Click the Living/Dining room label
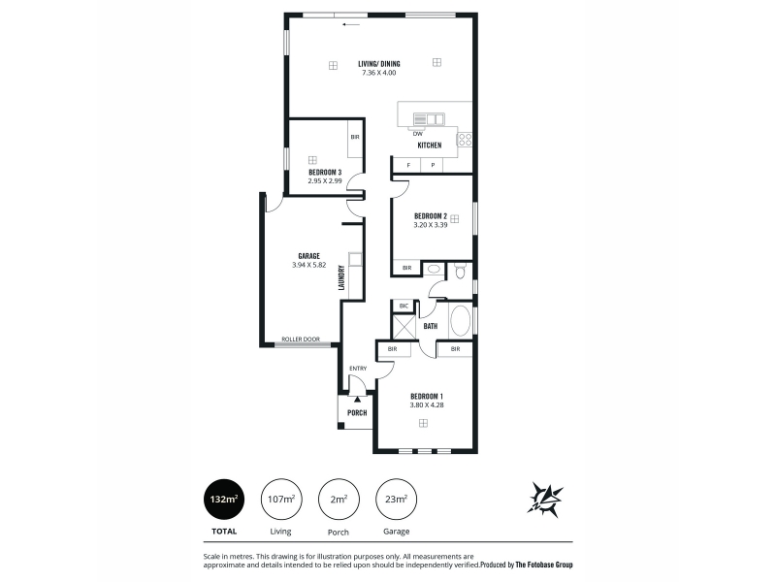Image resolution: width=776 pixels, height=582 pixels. pos(379,64)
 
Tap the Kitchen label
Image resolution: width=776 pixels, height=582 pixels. pos(430,145)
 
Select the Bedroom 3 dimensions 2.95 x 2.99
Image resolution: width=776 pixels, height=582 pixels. pos(325,181)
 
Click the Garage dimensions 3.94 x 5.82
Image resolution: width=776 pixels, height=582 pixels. pos(308,265)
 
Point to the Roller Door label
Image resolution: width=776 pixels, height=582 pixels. pos(301,339)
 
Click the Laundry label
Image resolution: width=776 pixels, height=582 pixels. pos(341,277)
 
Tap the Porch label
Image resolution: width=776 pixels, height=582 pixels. pos(357,413)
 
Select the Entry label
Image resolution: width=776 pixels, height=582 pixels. pos(358,369)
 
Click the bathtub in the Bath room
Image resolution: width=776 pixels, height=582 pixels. pos(460,322)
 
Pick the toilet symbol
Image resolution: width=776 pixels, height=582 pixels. pos(460,272)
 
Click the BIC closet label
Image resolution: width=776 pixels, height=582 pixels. pos(404,306)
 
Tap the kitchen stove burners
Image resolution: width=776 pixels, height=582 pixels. pos(465,139)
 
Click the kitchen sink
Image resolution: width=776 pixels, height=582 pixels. pos(429,119)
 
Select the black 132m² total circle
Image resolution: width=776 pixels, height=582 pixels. pos(224,500)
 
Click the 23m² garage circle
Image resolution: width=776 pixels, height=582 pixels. pos(397,500)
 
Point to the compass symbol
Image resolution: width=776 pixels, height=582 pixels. pos(545,500)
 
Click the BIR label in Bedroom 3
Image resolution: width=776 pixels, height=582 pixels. pos(355,137)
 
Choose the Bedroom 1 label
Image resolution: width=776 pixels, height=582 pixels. pos(427,396)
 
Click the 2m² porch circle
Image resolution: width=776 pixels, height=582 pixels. pos(339,500)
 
